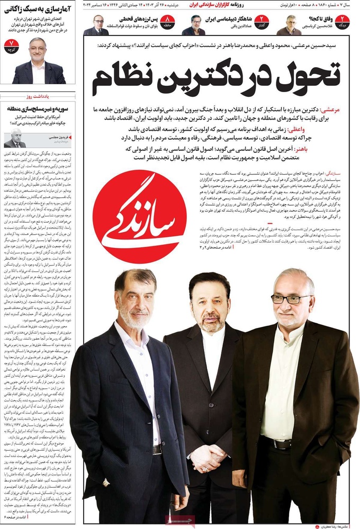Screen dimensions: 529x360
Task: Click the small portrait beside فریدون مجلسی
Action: point(15,139)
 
